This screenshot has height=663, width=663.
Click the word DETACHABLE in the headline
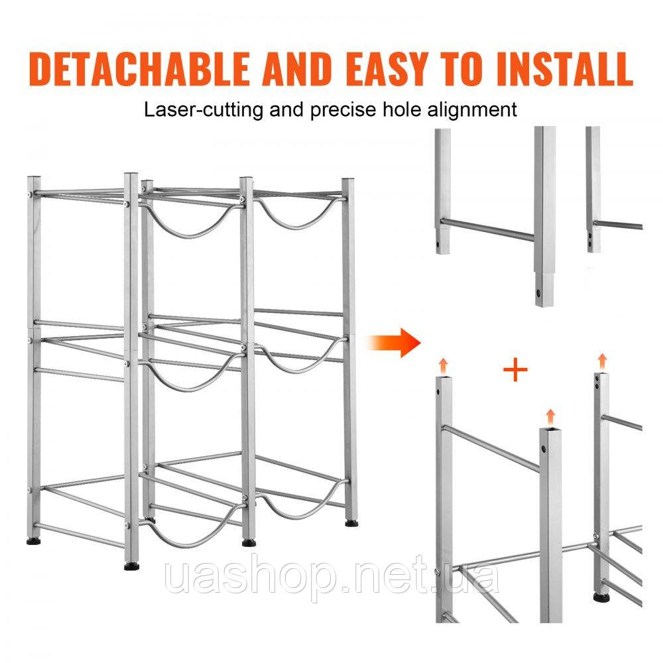[139, 70]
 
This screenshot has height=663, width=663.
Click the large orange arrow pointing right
[394, 342]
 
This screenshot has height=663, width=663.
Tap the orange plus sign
[515, 371]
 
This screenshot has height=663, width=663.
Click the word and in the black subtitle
[286, 109]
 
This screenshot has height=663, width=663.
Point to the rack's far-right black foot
[351, 524]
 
